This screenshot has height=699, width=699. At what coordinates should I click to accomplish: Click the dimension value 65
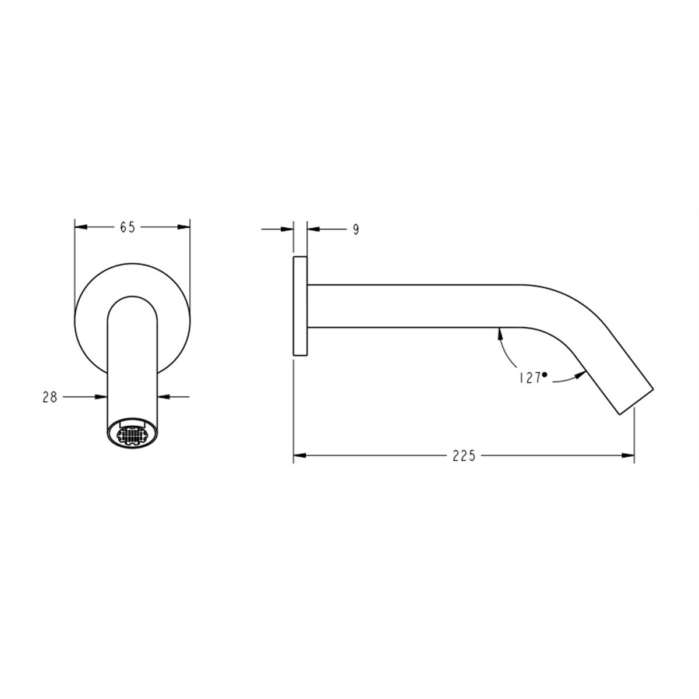(128, 227)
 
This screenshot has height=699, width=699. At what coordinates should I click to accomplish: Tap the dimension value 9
(356, 230)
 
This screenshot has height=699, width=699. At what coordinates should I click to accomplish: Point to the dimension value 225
(464, 456)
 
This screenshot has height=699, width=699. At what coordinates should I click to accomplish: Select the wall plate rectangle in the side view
(300, 306)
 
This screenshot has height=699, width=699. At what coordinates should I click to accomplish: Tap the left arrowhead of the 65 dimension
(81, 227)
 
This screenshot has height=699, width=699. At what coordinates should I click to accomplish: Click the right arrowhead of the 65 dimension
(183, 227)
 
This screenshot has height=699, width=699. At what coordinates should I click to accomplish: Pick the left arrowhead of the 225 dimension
(299, 456)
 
